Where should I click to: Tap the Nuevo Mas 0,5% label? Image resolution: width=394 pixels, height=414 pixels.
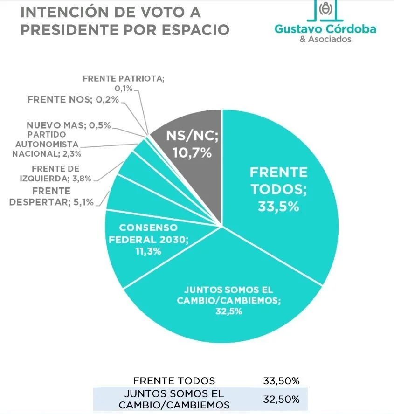coord(68,125)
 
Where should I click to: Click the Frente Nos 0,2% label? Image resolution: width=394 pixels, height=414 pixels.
coord(73,99)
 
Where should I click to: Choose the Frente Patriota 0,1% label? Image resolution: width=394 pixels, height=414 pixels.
coord(124,83)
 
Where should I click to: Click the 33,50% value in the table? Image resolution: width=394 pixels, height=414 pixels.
coord(281,380)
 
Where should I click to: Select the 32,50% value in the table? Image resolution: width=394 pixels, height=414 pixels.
coord(281,400)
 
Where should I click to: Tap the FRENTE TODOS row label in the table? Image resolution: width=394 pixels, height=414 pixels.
coord(174,380)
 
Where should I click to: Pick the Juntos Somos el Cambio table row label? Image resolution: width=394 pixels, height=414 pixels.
coord(174,400)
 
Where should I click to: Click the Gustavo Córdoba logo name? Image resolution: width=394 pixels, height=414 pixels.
coord(325,29)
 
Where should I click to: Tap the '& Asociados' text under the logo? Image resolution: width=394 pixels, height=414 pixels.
coord(325,40)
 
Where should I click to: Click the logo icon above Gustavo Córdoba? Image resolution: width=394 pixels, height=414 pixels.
coord(325,9)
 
